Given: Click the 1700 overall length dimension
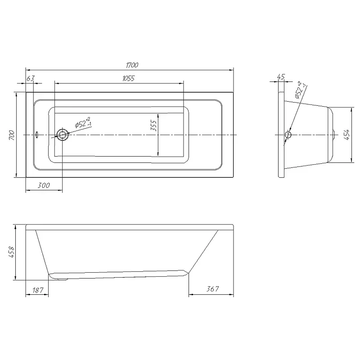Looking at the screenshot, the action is click(x=132, y=65).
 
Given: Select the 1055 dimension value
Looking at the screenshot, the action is click(x=128, y=78).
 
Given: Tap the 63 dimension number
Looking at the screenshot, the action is click(x=31, y=78).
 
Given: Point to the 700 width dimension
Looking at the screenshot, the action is click(x=12, y=135).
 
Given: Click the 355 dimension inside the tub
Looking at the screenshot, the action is click(x=153, y=126).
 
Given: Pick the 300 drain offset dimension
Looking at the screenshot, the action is click(x=44, y=185).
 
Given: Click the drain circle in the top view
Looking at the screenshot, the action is click(x=62, y=135).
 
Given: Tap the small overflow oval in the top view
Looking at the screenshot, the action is click(x=37, y=135).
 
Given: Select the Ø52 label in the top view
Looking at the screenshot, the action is click(x=83, y=123).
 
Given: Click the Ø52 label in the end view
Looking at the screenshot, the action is click(x=301, y=90).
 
